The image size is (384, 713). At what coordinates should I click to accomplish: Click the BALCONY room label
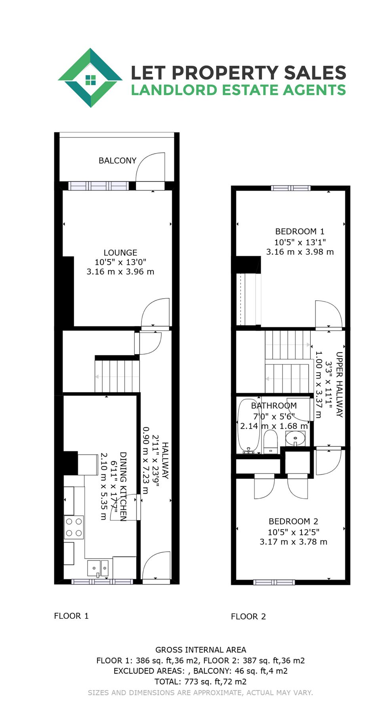[x=117, y=160]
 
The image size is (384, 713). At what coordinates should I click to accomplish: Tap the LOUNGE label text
[x=120, y=253]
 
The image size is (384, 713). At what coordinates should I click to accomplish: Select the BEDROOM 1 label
[x=300, y=231]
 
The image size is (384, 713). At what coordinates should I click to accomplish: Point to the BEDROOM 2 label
[x=293, y=521]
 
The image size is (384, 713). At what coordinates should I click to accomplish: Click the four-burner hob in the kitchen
[x=74, y=527]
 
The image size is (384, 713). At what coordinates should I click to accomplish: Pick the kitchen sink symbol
[x=98, y=568]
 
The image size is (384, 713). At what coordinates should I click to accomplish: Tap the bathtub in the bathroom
[x=248, y=426]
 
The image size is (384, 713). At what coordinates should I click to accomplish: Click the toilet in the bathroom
[x=271, y=442]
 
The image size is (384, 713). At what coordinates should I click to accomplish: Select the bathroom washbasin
[x=295, y=438]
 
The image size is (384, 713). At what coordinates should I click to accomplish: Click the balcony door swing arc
[x=151, y=166]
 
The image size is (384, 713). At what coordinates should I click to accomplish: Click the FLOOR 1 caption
[x=71, y=616]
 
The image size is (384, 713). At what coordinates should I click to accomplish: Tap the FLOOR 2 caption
[x=248, y=616]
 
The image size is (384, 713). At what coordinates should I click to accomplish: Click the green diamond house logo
[x=90, y=78]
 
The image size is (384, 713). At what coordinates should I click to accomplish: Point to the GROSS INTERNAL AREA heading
[x=201, y=650]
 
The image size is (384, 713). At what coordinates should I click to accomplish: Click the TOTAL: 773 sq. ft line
[x=201, y=682]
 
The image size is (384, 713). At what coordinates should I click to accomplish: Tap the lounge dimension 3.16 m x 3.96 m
[x=120, y=272]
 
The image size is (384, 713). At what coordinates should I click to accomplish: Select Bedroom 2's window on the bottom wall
[x=274, y=582]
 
